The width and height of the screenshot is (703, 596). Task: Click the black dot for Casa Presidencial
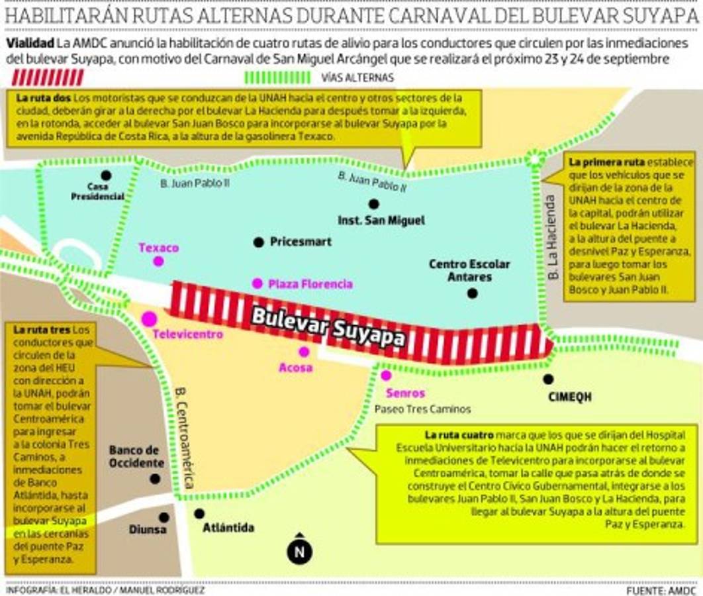106,175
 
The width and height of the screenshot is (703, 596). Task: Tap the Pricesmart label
301,242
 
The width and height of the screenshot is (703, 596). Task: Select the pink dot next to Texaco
158,261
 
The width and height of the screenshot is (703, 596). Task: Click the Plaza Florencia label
310,284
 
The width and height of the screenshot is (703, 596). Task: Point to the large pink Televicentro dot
150,319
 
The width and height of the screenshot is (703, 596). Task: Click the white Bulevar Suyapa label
328,326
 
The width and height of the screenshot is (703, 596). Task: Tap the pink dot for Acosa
304,352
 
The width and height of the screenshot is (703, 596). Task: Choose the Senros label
404,393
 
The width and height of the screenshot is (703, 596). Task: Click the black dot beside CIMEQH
548,379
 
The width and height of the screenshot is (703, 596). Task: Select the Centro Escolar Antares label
469,270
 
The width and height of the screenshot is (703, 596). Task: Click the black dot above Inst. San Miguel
374,204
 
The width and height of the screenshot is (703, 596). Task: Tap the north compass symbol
299,549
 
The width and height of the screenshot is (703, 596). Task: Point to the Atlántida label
228,528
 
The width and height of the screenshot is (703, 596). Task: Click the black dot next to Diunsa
164,517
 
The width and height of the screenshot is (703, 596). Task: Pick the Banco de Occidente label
136,456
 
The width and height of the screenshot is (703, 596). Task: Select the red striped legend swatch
48,77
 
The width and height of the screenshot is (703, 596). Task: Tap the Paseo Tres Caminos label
422,409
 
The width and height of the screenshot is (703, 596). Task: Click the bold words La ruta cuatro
459,435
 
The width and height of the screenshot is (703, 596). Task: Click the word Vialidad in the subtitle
30,43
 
